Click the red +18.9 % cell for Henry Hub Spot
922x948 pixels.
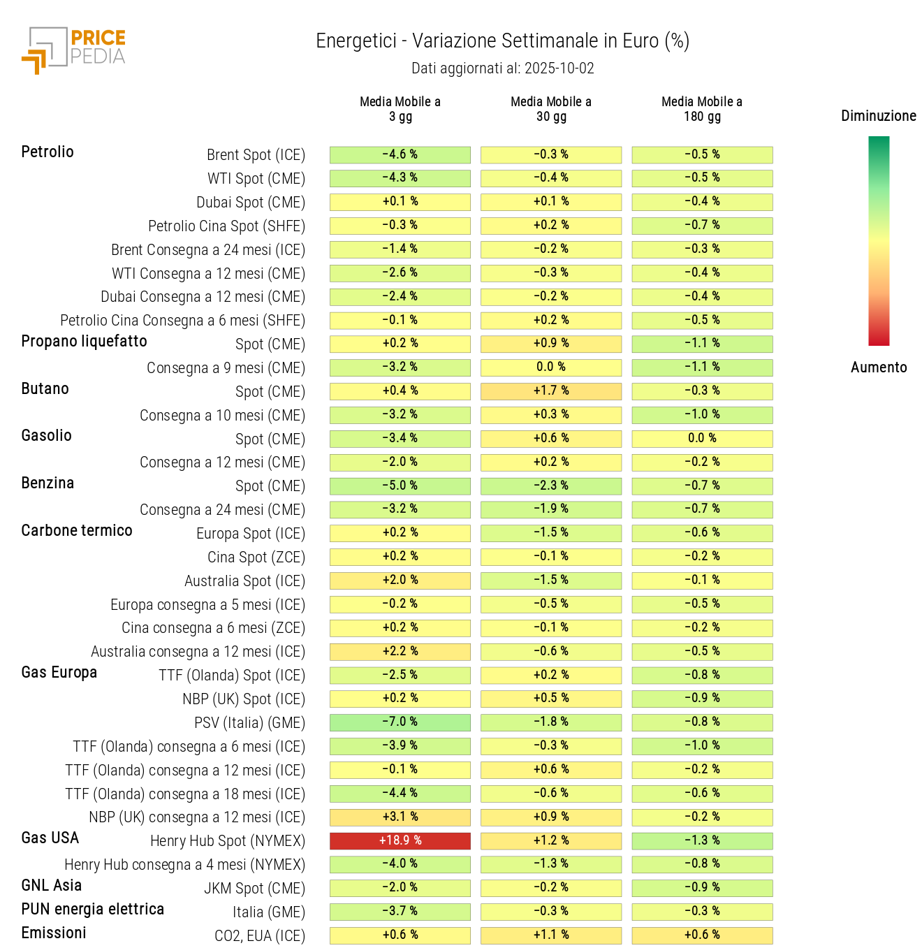click(400, 840)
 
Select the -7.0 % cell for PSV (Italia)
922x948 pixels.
click(400, 722)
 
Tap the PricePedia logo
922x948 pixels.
click(74, 50)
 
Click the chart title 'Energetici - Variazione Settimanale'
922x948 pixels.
click(502, 41)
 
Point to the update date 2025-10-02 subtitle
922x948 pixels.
click(502, 68)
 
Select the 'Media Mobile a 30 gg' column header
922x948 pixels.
click(550, 109)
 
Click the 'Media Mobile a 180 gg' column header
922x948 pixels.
click(701, 109)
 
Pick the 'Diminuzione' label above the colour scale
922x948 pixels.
click(878, 116)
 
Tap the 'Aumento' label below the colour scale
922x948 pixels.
click(878, 367)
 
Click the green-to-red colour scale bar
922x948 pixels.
click(879, 241)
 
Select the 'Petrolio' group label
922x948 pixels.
click(47, 152)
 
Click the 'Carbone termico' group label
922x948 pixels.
click(77, 530)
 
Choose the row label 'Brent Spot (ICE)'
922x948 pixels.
click(256, 155)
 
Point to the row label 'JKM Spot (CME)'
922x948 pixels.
click(254, 889)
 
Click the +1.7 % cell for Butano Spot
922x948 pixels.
click(550, 391)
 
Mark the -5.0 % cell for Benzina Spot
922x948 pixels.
click(400, 486)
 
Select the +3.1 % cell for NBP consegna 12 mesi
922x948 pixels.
click(400, 817)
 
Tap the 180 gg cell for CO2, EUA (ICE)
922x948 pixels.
click(701, 935)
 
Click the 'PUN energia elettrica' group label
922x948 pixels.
click(93, 909)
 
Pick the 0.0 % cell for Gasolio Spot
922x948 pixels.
click(701, 438)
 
